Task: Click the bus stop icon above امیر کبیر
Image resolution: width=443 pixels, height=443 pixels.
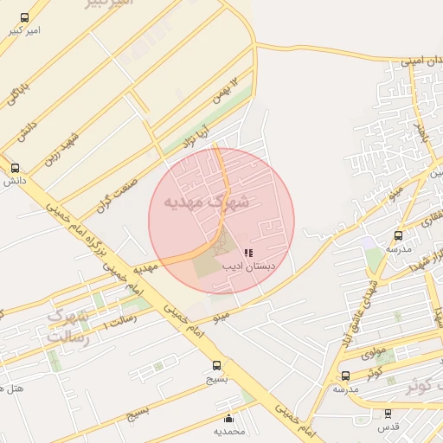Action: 22,17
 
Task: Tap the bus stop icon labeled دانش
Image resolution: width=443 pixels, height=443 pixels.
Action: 15,169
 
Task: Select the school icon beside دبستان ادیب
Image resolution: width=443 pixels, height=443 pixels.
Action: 248,254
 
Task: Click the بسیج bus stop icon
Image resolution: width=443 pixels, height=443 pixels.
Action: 216,365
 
